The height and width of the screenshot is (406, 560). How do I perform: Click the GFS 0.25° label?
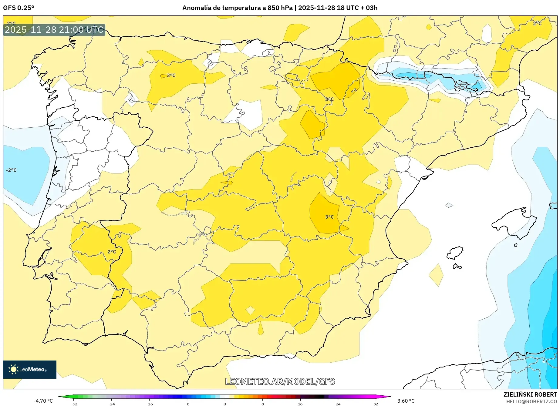[19, 8]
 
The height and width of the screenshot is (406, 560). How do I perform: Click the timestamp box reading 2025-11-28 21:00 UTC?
[54, 30]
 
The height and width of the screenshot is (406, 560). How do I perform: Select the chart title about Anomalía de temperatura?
[280, 8]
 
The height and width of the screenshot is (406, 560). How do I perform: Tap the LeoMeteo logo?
[30, 369]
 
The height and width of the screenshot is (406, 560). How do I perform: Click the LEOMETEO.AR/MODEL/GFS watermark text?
[280, 381]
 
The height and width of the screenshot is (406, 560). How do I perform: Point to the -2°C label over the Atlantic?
[12, 170]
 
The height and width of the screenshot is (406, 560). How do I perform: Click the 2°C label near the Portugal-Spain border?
[112, 252]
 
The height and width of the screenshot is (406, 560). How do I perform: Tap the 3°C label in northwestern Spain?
[171, 75]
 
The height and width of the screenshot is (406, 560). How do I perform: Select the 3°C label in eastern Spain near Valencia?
[329, 217]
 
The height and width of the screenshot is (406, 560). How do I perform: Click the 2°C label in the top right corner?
[537, 23]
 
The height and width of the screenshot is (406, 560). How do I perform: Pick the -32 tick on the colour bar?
[74, 404]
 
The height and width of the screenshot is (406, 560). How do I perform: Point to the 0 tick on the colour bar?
[225, 404]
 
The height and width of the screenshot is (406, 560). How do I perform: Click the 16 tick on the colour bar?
[300, 404]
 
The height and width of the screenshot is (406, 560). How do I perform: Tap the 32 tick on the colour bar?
[376, 404]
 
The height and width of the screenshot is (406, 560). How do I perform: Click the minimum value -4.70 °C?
[43, 401]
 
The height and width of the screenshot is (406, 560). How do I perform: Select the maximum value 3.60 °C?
[406, 401]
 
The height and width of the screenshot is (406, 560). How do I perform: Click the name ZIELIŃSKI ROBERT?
[530, 394]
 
